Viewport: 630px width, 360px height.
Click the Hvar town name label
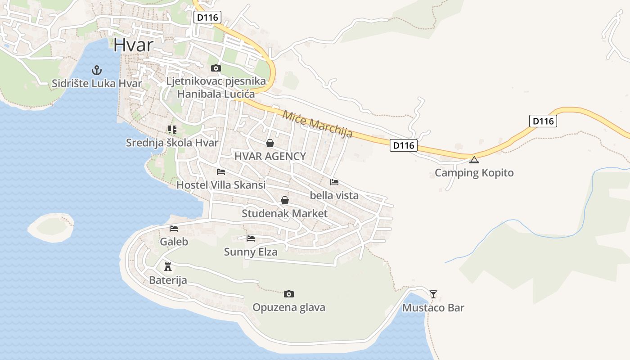pos(133,45)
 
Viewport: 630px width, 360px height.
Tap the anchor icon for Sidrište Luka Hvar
pos(96,70)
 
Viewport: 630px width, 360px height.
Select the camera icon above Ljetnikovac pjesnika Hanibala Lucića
pos(216,68)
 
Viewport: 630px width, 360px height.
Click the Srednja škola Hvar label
pos(172,143)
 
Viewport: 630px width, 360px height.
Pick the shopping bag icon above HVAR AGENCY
pos(270,143)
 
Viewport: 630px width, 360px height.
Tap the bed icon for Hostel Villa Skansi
pos(220,172)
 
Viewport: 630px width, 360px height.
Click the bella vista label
pos(334,195)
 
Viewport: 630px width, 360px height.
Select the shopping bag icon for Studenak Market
pos(284,200)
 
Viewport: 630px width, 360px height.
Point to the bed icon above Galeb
pos(174,229)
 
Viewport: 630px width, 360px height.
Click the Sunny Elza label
pos(251,252)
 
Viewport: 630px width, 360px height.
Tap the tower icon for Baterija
pos(168,267)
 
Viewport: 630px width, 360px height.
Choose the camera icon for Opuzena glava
pos(289,294)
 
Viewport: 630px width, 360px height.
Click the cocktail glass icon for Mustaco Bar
pos(433,294)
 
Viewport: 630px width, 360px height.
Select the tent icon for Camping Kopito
pos(474,160)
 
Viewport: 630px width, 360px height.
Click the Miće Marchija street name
pos(317,124)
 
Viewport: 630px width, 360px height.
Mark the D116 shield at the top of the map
pos(207,18)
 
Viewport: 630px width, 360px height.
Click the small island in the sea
pos(51,228)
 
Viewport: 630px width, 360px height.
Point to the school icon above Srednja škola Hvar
pos(172,130)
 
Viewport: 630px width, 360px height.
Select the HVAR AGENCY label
pos(270,156)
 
